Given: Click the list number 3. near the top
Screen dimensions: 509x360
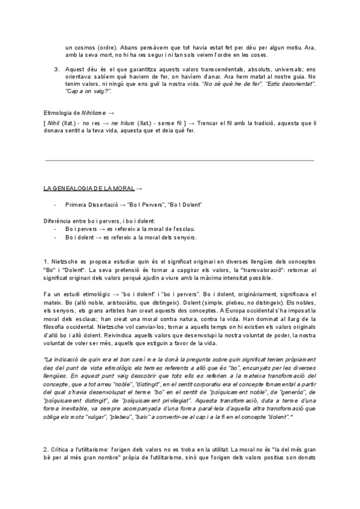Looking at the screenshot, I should point(56,69).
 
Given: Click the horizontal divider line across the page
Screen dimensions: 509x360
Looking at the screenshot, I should point(180,160).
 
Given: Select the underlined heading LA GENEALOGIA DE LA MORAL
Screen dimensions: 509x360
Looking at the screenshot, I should point(86,188).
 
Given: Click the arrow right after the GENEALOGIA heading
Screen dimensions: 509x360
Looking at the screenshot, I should point(139,188).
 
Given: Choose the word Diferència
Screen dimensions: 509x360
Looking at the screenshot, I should point(58,221).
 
